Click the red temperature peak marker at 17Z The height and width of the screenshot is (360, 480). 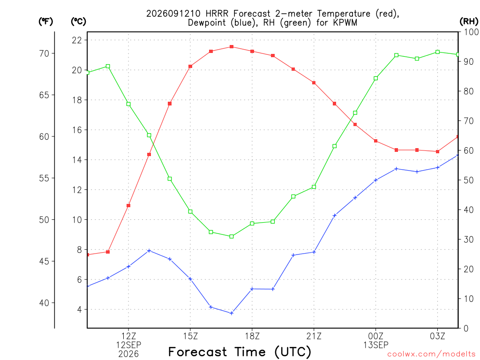point(232,47)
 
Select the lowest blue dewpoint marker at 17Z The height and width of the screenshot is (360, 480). point(232,313)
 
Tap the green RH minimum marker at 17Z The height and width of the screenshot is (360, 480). point(232,236)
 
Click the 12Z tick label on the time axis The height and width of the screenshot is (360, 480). point(128,336)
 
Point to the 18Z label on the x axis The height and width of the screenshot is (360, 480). point(252,336)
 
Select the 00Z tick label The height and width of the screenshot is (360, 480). point(375,336)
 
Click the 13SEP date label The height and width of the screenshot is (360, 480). point(376,345)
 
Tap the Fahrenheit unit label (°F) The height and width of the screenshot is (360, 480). point(45,22)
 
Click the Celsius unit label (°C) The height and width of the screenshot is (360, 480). point(78,22)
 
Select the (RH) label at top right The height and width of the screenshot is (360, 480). point(469,22)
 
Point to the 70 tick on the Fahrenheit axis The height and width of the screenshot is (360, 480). point(44,53)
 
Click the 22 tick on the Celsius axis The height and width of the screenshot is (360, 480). point(77,40)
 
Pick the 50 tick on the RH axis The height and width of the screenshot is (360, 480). point(468,180)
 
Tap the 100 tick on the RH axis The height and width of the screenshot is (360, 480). point(471,32)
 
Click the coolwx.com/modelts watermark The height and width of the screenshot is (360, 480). point(431,354)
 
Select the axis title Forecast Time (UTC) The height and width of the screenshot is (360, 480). point(240,352)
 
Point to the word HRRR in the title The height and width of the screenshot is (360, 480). point(217,14)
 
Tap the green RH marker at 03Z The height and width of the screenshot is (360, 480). point(437,52)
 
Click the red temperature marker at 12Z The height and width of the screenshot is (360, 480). point(128,205)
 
